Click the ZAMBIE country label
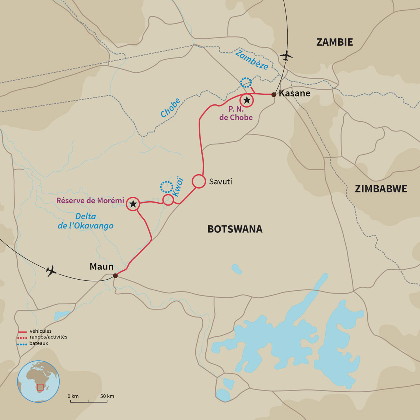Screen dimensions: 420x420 point(335,42)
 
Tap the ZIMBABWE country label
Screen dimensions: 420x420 point(381,189)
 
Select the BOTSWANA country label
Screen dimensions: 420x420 point(235,229)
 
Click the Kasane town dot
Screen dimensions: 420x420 point(273,95)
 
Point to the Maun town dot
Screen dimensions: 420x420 point(115,276)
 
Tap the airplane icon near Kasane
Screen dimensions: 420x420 point(286,56)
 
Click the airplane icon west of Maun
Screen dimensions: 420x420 point(52,270)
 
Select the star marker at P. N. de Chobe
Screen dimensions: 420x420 point(246,100)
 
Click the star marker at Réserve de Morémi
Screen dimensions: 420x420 point(133,204)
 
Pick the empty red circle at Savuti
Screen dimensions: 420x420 point(199,181)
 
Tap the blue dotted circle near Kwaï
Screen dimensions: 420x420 point(166,187)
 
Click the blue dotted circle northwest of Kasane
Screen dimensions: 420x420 point(246,83)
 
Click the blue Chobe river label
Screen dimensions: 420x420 point(170,108)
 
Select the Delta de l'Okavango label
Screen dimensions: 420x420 point(85,221)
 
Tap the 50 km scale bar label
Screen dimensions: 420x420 point(107,396)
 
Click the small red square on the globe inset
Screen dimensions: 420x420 point(40,387)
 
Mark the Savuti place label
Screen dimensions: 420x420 point(220,181)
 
